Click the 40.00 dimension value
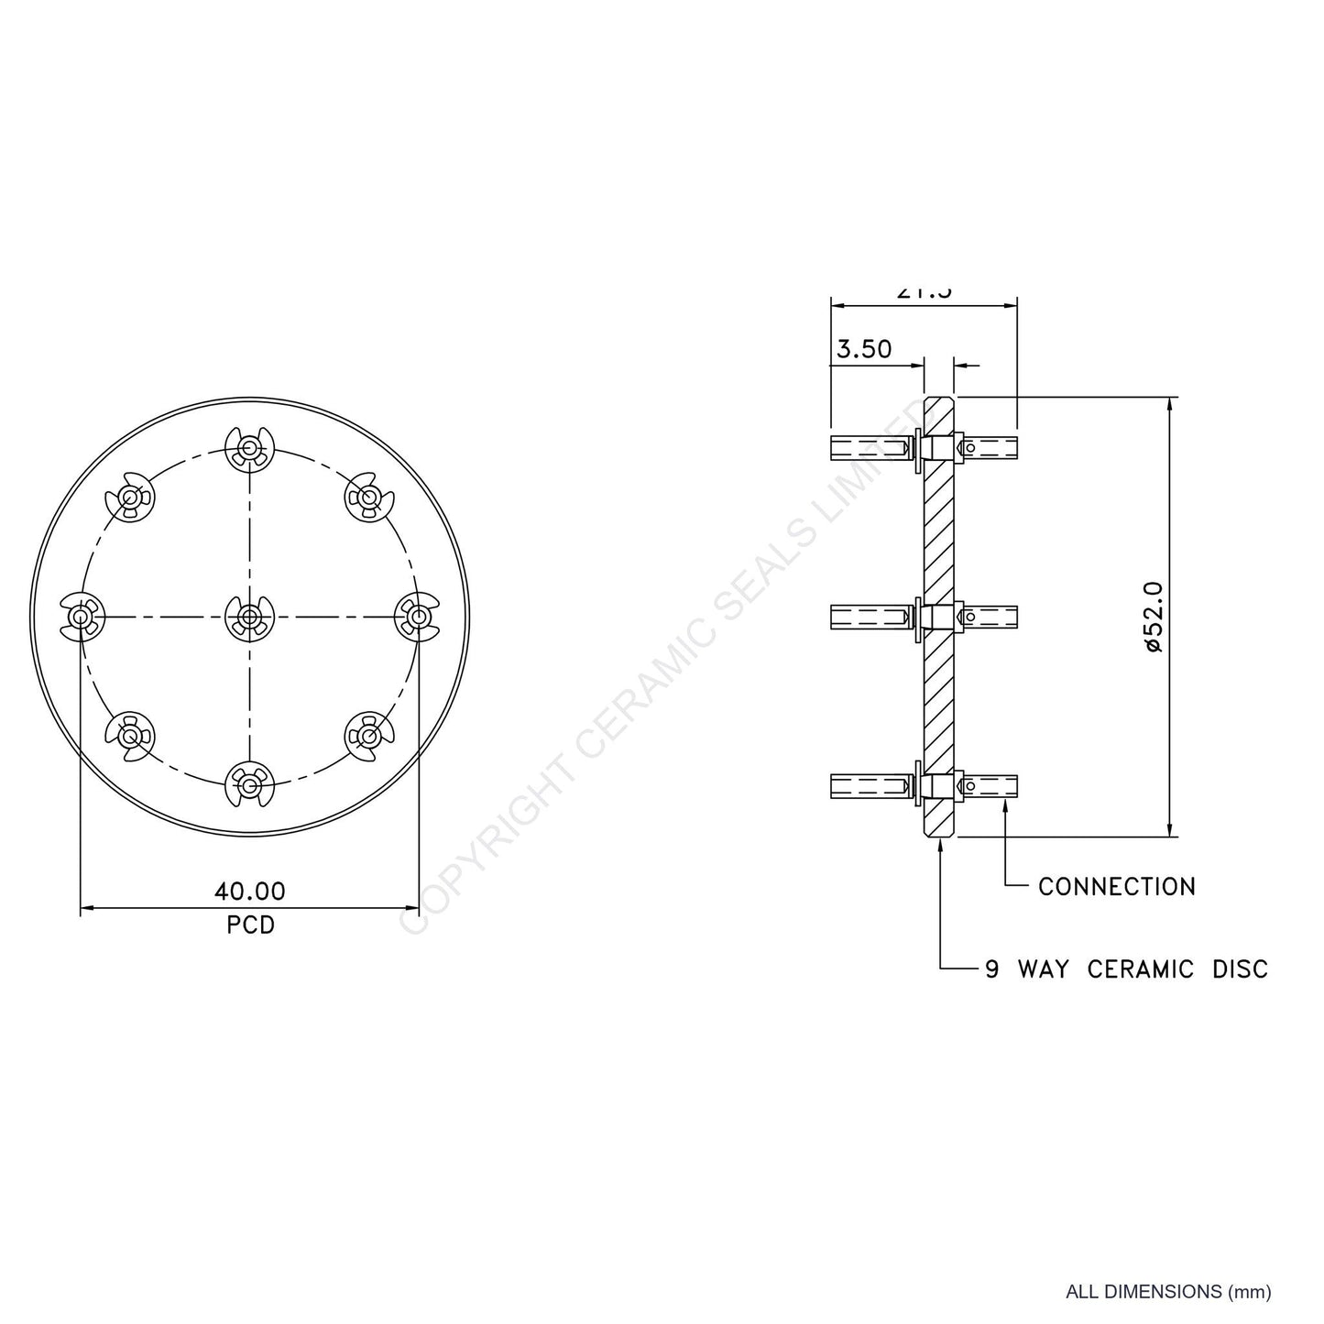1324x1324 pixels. (249, 891)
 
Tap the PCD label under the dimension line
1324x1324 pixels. (250, 925)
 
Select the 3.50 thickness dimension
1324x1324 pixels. (863, 349)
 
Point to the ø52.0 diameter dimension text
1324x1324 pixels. (1153, 617)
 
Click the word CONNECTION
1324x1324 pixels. (1116, 887)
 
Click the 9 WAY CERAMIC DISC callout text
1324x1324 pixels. (1126, 968)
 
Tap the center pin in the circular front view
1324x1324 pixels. (249, 617)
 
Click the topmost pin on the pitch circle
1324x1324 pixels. (249, 448)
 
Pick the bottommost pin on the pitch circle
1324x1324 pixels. (249, 784)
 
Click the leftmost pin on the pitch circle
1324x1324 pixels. (82, 617)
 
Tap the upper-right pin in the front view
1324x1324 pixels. (368, 498)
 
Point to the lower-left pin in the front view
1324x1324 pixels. (130, 735)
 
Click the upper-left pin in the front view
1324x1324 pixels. (130, 498)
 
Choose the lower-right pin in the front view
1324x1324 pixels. (368, 735)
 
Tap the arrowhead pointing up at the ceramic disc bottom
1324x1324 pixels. (941, 845)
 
